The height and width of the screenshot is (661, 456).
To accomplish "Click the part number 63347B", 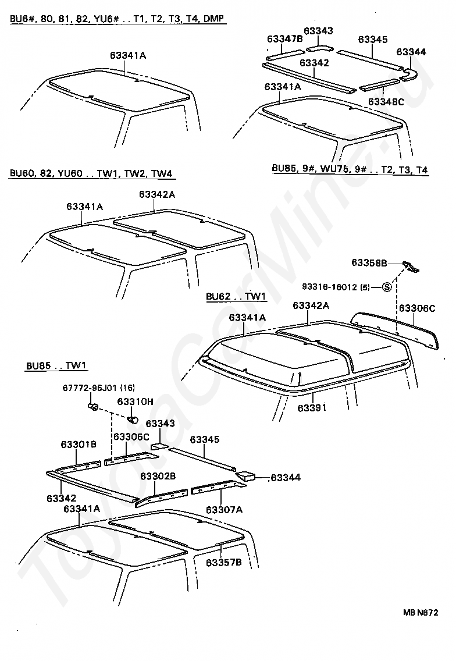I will (x=285, y=40).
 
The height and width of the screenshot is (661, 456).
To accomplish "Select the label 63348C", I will (x=386, y=102).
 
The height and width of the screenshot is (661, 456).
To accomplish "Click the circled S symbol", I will (x=386, y=287).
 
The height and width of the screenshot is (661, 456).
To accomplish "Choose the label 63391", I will (x=312, y=408).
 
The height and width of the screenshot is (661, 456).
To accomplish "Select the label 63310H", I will (x=136, y=401).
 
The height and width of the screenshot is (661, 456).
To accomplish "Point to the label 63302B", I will (x=158, y=476).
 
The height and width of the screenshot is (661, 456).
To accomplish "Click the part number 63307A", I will (x=224, y=510).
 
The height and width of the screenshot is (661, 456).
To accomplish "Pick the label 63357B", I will (x=223, y=563).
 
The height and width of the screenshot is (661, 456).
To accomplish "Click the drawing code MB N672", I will (x=419, y=612).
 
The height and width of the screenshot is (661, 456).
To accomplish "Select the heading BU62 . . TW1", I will (x=236, y=297).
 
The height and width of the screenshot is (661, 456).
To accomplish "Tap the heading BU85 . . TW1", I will (x=56, y=366).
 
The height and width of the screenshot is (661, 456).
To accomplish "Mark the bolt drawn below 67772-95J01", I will (x=92, y=405).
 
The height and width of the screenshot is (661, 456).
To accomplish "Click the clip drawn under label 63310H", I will (x=133, y=419).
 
